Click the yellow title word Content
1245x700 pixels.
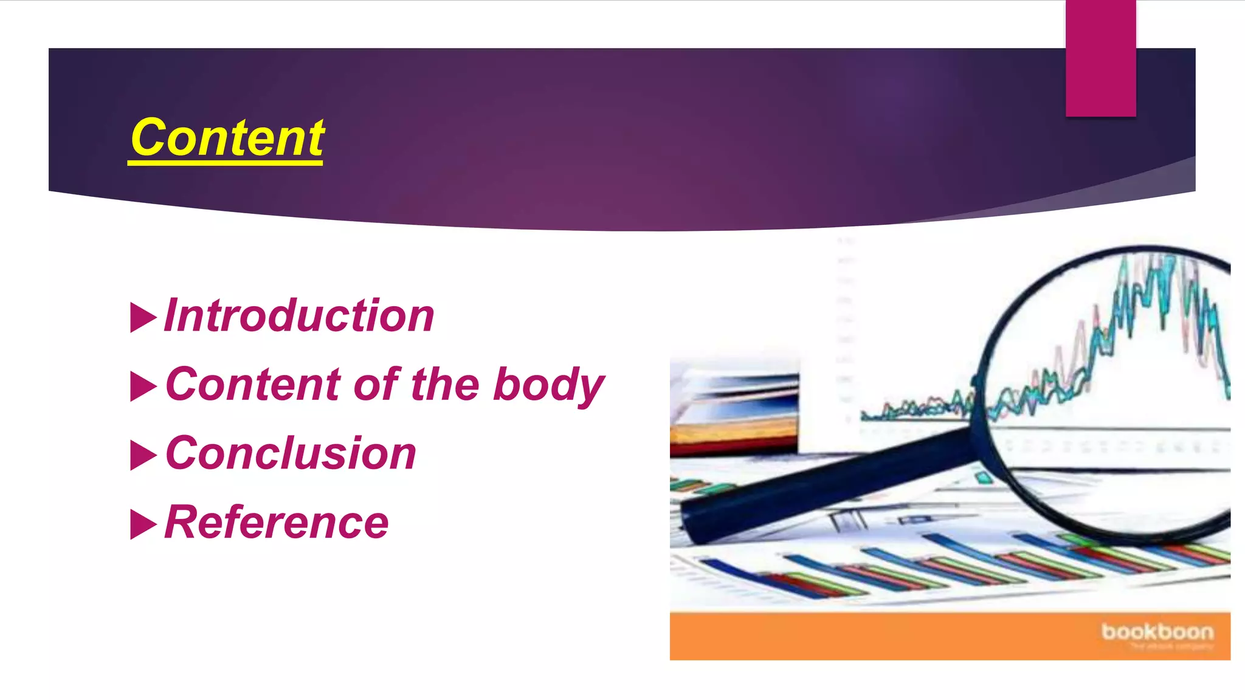(227, 138)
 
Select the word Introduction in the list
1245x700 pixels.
(299, 315)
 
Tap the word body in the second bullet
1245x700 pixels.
(548, 385)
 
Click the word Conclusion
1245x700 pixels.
(291, 453)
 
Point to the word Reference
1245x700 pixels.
(277, 522)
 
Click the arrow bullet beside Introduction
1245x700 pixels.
(143, 317)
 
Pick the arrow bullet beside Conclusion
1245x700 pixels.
(143, 455)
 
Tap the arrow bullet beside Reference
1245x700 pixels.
(143, 524)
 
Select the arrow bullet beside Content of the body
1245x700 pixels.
(143, 386)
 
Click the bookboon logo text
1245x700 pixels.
(1157, 632)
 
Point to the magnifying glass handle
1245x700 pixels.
(827, 483)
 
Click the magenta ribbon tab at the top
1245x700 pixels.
(1100, 58)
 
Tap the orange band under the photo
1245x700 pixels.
(881, 636)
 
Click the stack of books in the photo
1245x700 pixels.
(734, 413)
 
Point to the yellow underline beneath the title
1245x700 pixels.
(225, 162)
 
